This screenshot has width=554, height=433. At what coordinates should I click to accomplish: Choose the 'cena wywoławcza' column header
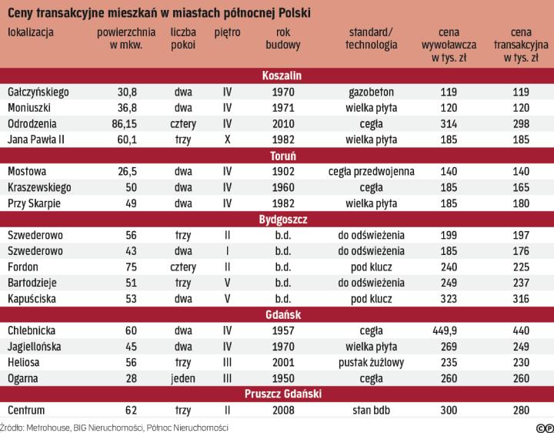pos(444,45)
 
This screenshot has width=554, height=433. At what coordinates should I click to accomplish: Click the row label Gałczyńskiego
pos(38,92)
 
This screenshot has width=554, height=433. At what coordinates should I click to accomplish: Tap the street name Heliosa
pos(25,362)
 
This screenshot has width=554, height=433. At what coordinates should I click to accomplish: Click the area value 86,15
pos(118,123)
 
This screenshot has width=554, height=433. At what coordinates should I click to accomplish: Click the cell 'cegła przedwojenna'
pos(371,171)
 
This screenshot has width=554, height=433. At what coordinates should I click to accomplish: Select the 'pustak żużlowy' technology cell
pos(371,362)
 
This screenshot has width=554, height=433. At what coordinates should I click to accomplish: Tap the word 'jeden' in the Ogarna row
pos(183,378)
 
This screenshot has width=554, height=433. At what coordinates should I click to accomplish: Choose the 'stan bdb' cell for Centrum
pos(371,410)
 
